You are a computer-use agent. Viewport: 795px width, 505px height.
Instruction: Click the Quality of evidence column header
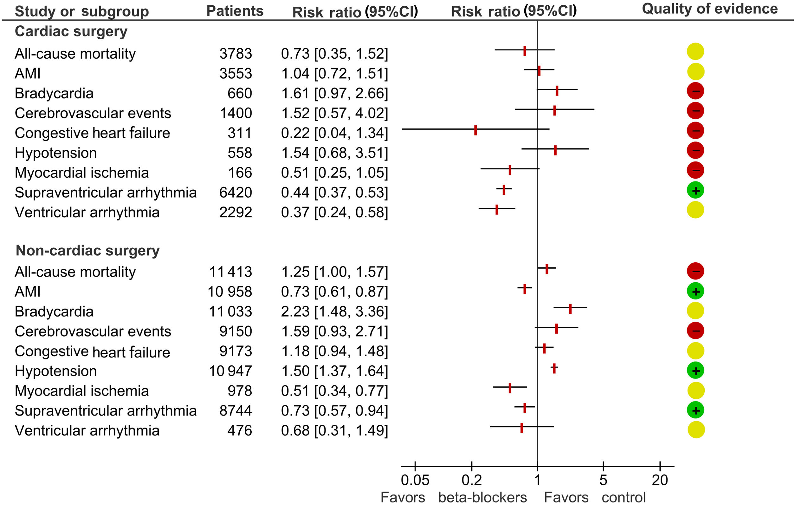click(x=709, y=9)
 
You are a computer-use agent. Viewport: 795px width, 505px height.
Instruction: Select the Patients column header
click(x=235, y=11)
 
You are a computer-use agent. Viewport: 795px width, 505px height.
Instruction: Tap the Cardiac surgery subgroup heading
click(x=71, y=32)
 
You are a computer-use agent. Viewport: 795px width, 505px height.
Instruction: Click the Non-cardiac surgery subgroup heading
click(x=87, y=251)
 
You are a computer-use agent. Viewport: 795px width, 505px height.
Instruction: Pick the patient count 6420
click(x=236, y=193)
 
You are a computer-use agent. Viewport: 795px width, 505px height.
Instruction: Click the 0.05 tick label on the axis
click(x=415, y=480)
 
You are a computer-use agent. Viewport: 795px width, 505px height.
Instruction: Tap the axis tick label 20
click(x=660, y=480)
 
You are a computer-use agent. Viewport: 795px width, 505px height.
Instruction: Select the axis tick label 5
click(x=603, y=480)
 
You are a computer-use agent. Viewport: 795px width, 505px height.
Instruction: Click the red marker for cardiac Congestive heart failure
click(x=475, y=130)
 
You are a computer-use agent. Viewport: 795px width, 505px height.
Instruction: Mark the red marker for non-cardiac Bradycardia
click(x=570, y=309)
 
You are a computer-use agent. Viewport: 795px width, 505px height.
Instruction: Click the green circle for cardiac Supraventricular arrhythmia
click(x=695, y=191)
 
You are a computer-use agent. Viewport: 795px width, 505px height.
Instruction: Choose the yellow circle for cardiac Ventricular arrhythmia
click(x=695, y=210)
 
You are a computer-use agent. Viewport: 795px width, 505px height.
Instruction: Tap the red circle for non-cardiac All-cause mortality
click(x=695, y=271)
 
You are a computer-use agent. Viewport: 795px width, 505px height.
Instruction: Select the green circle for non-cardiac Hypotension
click(x=695, y=371)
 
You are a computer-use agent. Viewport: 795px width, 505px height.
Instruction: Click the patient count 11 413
click(x=230, y=272)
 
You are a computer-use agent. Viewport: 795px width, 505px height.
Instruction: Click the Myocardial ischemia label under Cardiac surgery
click(x=81, y=173)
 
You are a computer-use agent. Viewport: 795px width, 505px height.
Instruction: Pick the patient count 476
click(x=239, y=431)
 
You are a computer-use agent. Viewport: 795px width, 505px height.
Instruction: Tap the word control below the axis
click(x=623, y=497)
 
